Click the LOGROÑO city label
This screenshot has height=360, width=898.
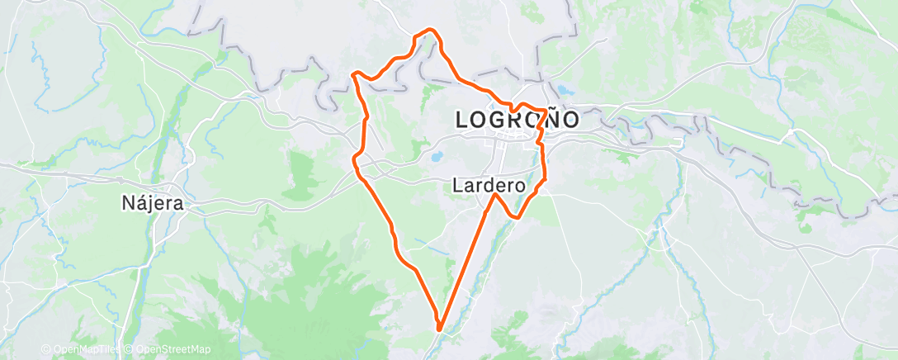pyautogui.click(x=518, y=120)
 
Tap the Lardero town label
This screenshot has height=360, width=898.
pyautogui.click(x=489, y=187)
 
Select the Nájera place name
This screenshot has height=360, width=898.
pyautogui.click(x=152, y=202)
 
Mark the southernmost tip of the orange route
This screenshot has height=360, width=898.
pyautogui.click(x=439, y=329)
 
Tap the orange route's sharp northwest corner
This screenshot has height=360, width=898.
pyautogui.click(x=353, y=74)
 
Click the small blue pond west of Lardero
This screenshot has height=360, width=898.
pyautogui.click(x=435, y=154)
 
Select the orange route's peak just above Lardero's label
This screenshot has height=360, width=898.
pyautogui.click(x=495, y=195)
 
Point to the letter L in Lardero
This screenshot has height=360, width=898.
pyautogui.click(x=457, y=187)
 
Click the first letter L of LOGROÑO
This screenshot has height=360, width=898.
pyautogui.click(x=462, y=120)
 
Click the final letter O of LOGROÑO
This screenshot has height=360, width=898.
pyautogui.click(x=569, y=120)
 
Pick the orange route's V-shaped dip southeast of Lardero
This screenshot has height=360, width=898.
pyautogui.click(x=517, y=218)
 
